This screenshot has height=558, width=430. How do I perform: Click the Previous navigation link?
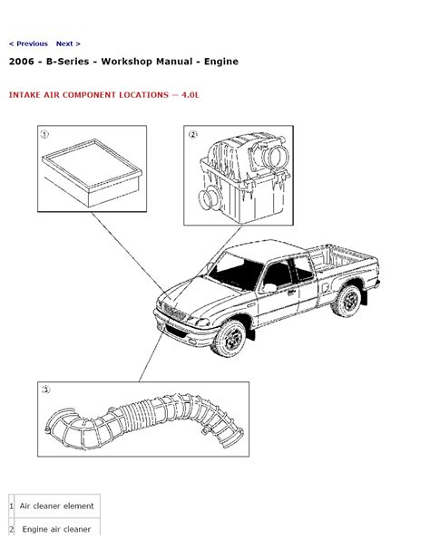28,43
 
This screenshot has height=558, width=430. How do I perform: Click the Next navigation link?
68,43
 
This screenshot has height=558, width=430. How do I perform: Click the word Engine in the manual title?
220,62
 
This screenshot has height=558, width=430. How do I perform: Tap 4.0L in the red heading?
191,95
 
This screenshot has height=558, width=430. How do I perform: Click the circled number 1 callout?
44,134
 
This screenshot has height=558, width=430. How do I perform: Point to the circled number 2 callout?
192,134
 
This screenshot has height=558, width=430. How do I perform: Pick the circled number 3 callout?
45,390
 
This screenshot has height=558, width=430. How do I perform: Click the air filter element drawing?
92,173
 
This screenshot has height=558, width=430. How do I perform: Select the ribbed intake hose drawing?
144,421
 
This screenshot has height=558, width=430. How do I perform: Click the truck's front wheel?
230,339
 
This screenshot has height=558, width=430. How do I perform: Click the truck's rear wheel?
347,301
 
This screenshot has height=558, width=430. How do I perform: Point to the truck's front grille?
174,311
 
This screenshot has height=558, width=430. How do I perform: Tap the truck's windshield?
235,273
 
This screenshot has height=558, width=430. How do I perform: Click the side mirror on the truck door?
269,287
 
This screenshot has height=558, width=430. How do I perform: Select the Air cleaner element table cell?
56,505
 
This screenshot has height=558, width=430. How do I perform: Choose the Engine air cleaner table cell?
56,529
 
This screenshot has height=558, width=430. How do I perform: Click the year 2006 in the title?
22,62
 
